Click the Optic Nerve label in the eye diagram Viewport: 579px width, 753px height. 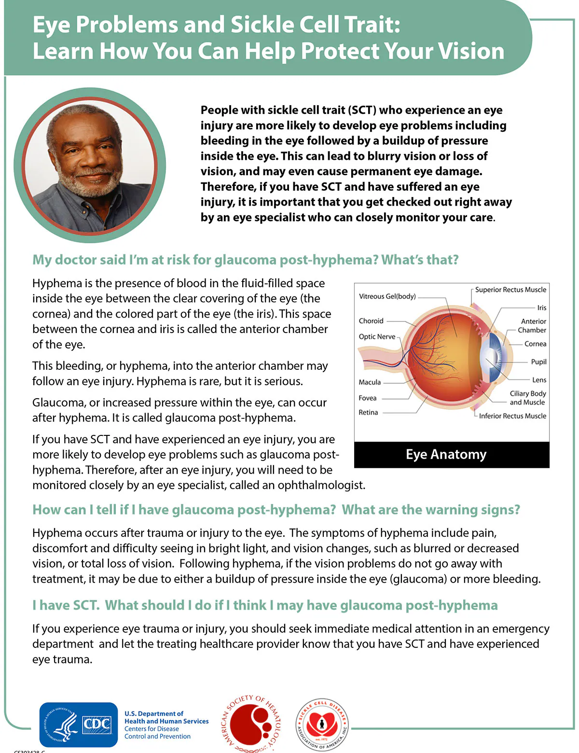(x=377, y=336)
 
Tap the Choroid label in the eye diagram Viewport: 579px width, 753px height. (x=371, y=321)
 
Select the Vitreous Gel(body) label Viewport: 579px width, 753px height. (x=387, y=296)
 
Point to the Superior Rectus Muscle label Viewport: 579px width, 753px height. (x=510, y=290)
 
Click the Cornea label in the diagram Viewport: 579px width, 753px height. (x=535, y=344)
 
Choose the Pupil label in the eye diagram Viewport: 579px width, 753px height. (x=538, y=362)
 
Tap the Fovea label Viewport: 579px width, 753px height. (x=367, y=398)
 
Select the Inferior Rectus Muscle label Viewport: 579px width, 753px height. (x=512, y=416)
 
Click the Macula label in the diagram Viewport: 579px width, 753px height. (x=370, y=382)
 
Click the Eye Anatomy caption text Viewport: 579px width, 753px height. (x=446, y=454)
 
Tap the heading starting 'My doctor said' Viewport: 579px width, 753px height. (x=245, y=260)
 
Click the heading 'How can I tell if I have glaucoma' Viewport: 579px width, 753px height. (x=276, y=510)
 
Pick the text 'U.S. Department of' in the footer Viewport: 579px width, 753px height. (x=154, y=713)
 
